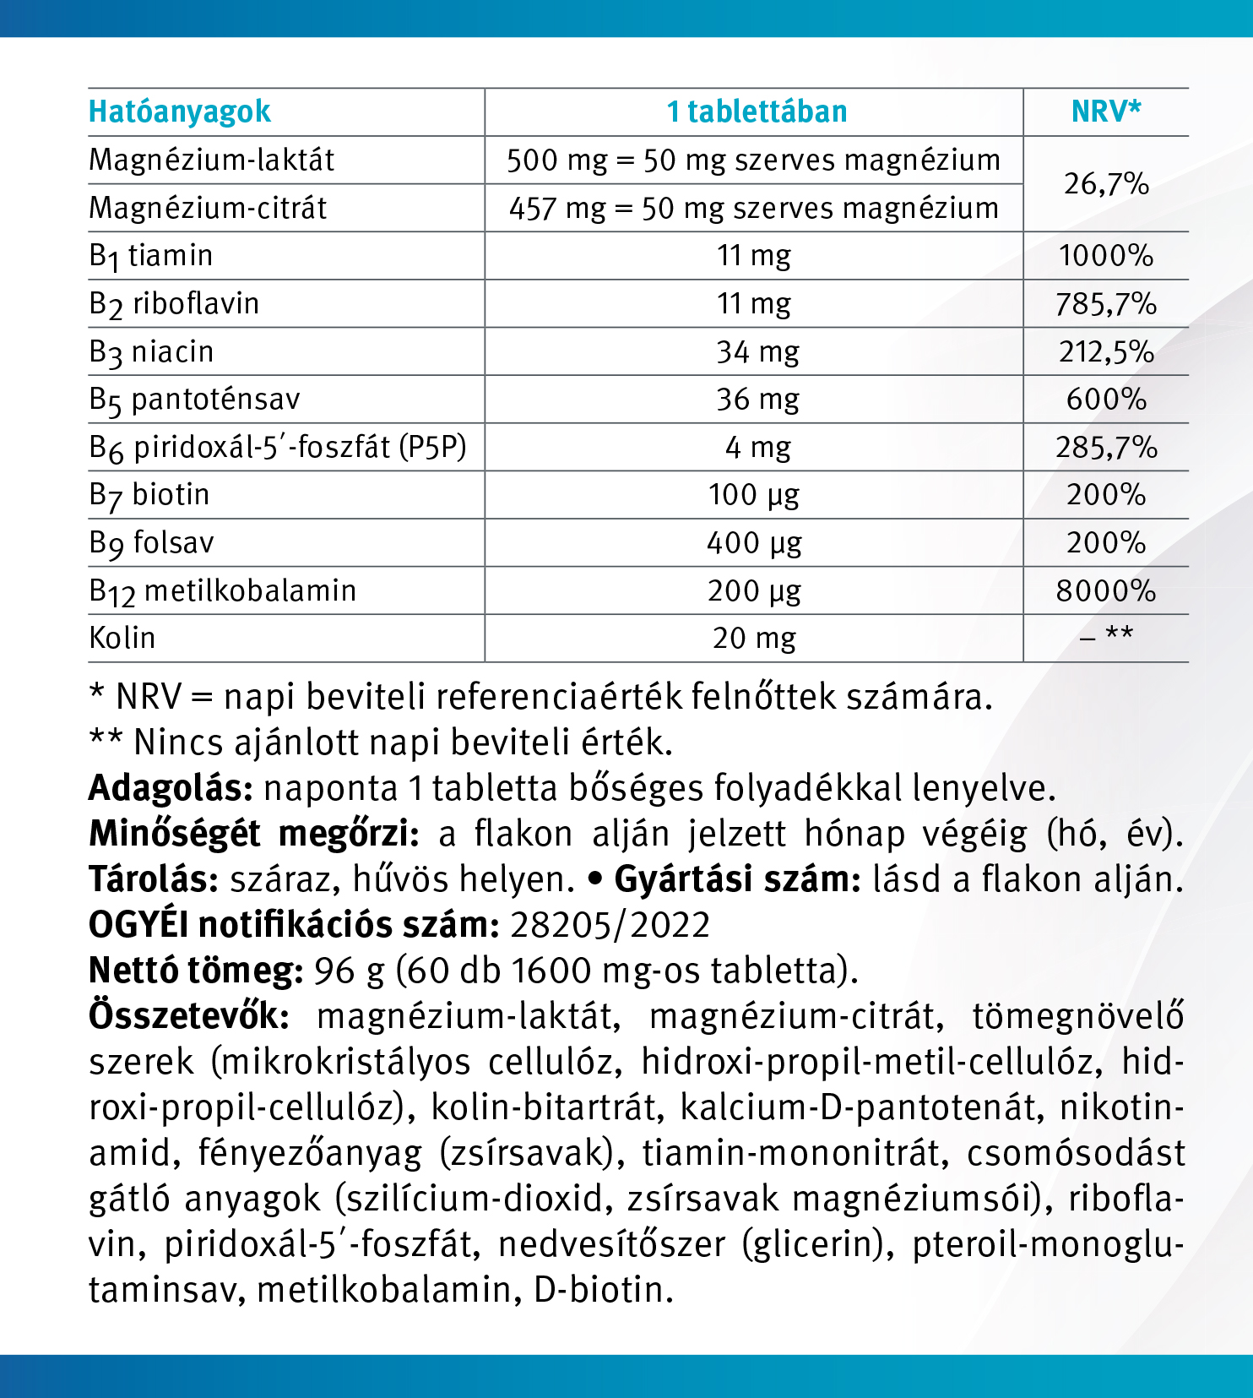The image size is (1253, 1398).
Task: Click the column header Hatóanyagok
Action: tap(179, 112)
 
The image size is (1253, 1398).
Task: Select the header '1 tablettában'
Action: tap(757, 112)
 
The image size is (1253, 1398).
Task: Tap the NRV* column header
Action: tap(1106, 111)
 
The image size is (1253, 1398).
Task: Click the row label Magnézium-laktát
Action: tap(212, 160)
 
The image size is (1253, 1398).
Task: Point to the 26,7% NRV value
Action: tap(1106, 183)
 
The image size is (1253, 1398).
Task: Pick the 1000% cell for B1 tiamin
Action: tap(1106, 256)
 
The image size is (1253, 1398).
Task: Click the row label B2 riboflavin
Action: tap(174, 304)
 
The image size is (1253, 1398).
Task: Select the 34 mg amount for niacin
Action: tap(757, 351)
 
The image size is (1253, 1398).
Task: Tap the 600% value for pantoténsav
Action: tap(1106, 400)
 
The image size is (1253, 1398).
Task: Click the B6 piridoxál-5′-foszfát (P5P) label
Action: tap(278, 448)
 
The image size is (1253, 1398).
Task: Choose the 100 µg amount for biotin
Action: tap(754, 495)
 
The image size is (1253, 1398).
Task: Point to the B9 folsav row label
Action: tap(152, 543)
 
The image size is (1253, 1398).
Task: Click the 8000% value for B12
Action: tap(1106, 590)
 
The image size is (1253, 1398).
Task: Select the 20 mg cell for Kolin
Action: tap(754, 639)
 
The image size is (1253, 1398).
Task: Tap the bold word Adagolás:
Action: tap(171, 788)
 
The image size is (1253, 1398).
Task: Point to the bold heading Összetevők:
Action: tap(189, 1016)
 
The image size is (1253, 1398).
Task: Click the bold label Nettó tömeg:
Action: tap(196, 971)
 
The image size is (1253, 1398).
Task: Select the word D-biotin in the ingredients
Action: tap(603, 1290)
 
